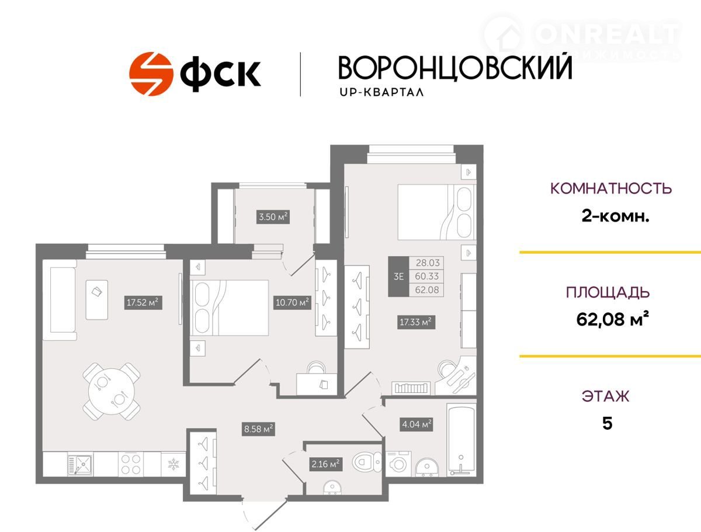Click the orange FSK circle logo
point(151,74)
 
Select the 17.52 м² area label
point(143,302)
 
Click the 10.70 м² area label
point(292,302)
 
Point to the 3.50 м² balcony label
point(273,217)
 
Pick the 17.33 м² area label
point(416,322)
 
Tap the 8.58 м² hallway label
point(258,429)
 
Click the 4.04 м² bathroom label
point(417,424)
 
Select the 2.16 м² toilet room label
point(326,464)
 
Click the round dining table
point(112,392)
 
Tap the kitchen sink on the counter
point(81,465)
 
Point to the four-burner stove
point(131,464)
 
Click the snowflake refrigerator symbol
point(173,464)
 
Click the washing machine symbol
point(398,464)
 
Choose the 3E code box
point(398,277)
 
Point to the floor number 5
point(607,424)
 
